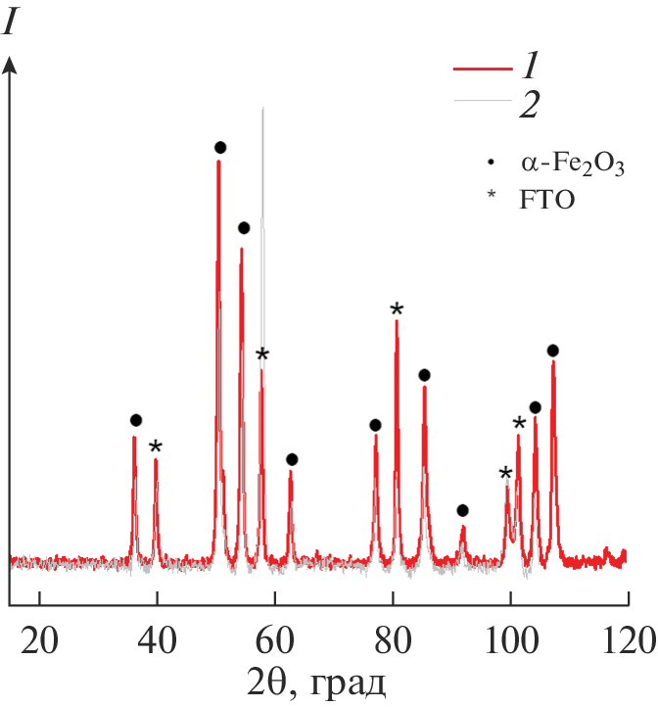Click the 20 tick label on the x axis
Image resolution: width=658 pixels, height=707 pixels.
coord(39,641)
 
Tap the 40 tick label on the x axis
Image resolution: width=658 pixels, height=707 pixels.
coord(157,641)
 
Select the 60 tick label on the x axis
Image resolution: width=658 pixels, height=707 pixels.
coord(275,641)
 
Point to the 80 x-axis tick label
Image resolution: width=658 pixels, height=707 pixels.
coord(394,641)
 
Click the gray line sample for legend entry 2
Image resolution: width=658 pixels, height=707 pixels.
coord(483,102)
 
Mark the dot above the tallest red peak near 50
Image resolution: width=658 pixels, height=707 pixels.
coord(220,148)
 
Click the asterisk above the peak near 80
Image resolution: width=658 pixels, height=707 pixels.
coord(397,310)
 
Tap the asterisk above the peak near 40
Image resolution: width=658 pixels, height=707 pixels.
coord(156,448)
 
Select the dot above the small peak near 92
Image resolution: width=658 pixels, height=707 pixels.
coord(462,510)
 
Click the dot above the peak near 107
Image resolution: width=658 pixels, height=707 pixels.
coord(552,351)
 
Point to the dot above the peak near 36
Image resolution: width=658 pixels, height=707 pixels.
coord(135,420)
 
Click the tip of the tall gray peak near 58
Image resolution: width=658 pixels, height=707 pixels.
coord(262,109)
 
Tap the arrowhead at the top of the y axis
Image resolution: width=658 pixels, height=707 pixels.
coord(11,64)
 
